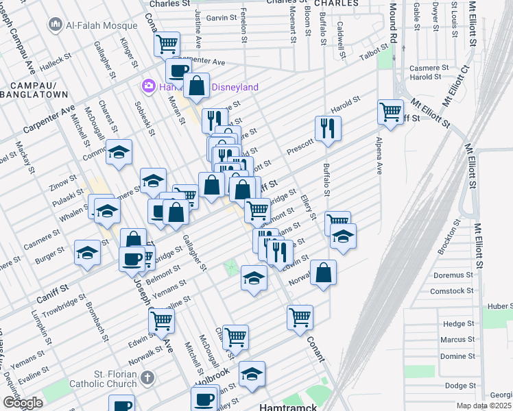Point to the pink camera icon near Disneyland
pyautogui.click(x=147, y=87)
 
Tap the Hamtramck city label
pyautogui.click(x=287, y=406)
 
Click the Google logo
pyautogui.click(x=23, y=403)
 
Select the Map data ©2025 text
pyautogui.click(x=484, y=406)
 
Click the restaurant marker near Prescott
pyautogui.click(x=328, y=127)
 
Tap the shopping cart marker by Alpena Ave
pyautogui.click(x=390, y=110)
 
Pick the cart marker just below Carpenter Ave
pyautogui.click(x=167, y=45)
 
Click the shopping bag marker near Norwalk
pyautogui.click(x=323, y=272)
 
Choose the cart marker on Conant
pyautogui.click(x=300, y=317)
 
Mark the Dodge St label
pyautogui.click(x=460, y=386)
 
